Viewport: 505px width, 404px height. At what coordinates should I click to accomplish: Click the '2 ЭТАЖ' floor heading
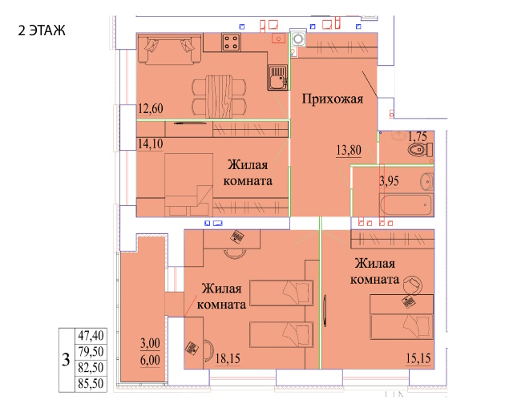tap(42, 30)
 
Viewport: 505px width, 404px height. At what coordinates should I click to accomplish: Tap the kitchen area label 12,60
tap(151, 108)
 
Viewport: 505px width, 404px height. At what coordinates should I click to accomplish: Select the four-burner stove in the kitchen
tap(231, 42)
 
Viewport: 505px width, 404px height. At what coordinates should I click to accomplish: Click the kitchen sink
tap(277, 77)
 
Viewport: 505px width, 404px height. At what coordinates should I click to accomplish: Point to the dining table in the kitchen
tap(219, 97)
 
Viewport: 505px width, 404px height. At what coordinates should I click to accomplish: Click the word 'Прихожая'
tap(333, 99)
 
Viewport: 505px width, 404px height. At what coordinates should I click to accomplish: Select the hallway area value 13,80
tap(349, 150)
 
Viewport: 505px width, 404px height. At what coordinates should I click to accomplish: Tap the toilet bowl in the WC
tap(419, 150)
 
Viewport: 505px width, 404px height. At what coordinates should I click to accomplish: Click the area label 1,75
tap(418, 136)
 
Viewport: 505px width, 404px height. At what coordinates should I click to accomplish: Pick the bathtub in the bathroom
tap(406, 205)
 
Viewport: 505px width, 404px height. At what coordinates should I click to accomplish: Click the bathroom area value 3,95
tap(389, 181)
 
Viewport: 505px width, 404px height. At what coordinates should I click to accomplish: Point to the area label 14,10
tap(151, 143)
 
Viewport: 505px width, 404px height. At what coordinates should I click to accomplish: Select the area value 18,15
tap(228, 358)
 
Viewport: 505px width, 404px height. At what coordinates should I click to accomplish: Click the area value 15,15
tap(418, 358)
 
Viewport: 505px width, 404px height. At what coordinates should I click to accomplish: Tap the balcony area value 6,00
tap(150, 360)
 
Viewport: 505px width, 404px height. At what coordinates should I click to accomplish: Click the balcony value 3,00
tap(150, 343)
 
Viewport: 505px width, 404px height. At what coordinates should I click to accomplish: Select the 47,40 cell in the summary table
tap(91, 336)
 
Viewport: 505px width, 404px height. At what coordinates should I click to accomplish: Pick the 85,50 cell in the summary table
tap(91, 384)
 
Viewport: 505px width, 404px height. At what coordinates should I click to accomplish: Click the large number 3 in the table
tap(66, 360)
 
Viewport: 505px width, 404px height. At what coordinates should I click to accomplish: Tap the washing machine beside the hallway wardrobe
tap(298, 39)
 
